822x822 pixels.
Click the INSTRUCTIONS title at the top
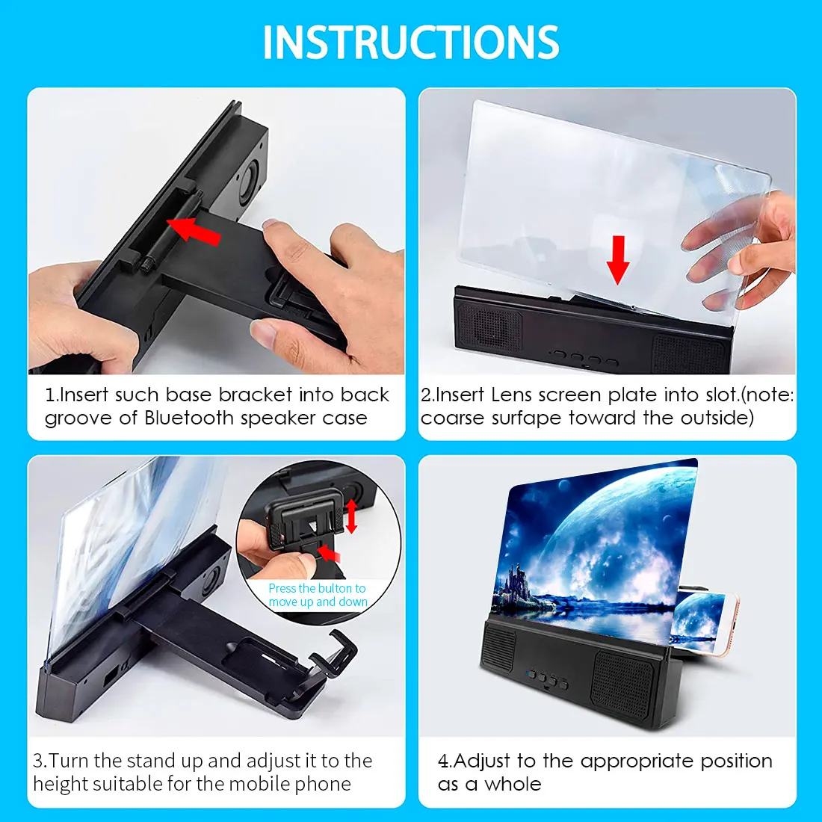click(x=411, y=43)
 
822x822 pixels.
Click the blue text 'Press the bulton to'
click(x=317, y=589)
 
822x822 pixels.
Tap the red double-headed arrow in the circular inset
click(x=351, y=516)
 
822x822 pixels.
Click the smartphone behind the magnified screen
click(x=702, y=620)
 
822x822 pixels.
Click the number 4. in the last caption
click(x=445, y=761)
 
